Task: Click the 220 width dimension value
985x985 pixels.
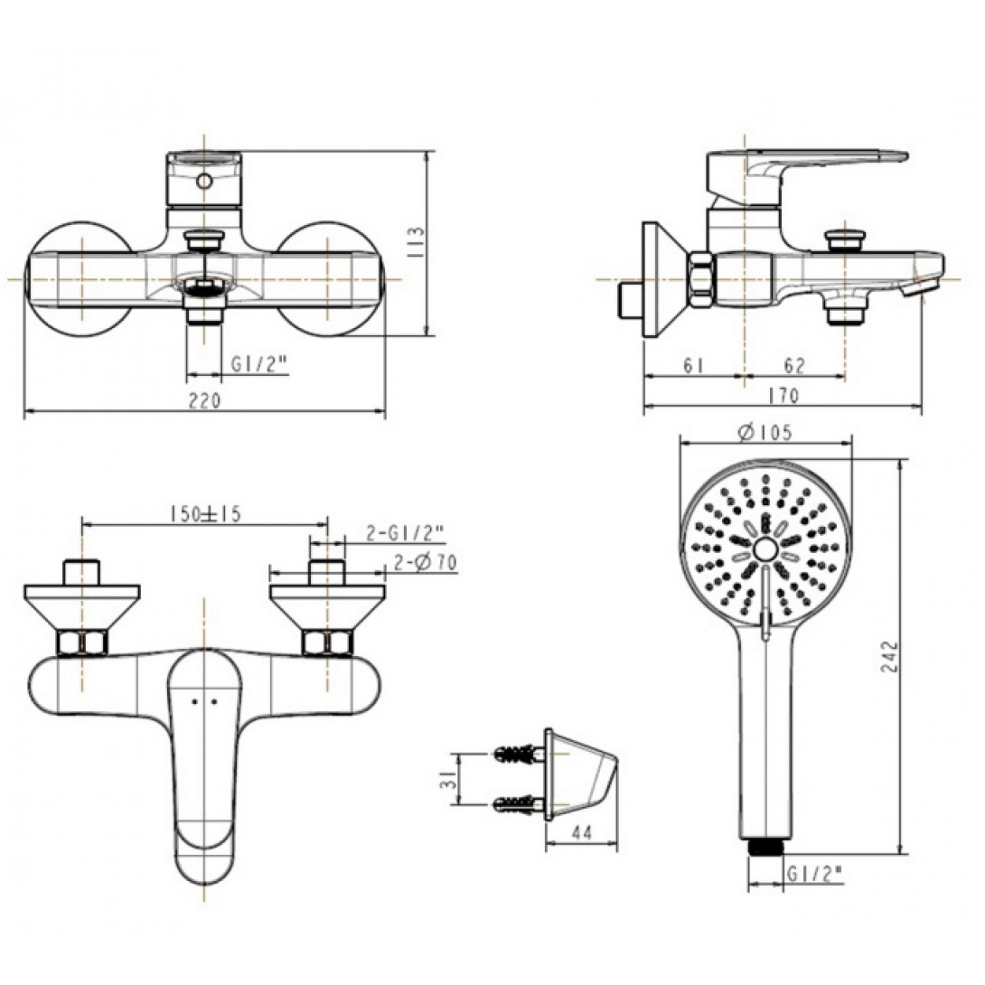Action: point(205,400)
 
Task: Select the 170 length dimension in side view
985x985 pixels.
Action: point(784,396)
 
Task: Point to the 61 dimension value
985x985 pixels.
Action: point(694,365)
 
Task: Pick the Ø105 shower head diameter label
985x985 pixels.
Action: point(765,433)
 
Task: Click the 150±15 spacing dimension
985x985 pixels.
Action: point(205,514)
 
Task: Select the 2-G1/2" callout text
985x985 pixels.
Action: point(405,534)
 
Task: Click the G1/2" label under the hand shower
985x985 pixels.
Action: point(813,874)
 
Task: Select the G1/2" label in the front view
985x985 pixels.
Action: point(258,365)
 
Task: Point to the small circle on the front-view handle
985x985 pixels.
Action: point(205,182)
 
